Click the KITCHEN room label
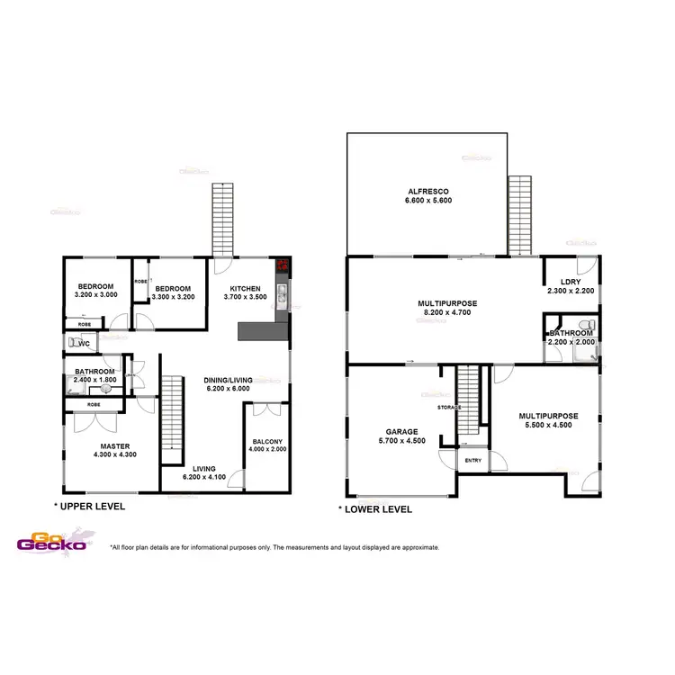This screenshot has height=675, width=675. click(x=245, y=289)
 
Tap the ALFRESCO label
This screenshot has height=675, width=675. click(x=428, y=192)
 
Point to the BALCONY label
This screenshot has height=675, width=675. click(x=267, y=440)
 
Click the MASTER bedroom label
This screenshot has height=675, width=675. click(x=114, y=445)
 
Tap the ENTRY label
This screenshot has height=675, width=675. click(x=472, y=461)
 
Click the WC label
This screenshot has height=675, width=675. click(x=83, y=344)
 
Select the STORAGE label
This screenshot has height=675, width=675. click(x=449, y=408)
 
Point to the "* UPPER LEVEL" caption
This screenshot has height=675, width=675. click(x=89, y=507)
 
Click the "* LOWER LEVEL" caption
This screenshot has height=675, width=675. click(x=375, y=509)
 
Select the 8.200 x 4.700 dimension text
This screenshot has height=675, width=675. click(x=447, y=314)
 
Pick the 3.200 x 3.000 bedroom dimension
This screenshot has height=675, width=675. click(x=95, y=294)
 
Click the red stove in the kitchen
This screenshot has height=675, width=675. click(x=283, y=265)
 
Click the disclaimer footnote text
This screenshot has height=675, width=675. click(x=274, y=547)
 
